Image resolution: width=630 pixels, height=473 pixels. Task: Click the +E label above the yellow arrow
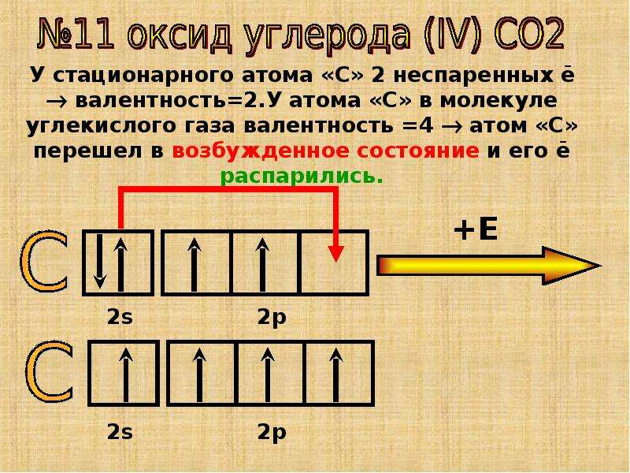coord(476,230)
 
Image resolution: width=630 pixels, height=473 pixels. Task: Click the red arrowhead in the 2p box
coord(336,253)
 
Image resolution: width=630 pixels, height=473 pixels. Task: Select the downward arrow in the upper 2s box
coord(99,262)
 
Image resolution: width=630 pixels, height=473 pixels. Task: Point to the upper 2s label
coord(120,317)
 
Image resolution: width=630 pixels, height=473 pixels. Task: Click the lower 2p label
coord(272,433)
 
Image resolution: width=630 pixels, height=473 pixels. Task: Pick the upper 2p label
coord(272,318)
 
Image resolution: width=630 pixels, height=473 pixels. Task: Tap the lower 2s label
coord(120,432)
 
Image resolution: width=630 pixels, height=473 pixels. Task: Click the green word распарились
coord(302,177)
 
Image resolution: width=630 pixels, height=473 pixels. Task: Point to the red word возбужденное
coord(261,151)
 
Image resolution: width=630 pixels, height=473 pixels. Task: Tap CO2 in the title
coord(529,35)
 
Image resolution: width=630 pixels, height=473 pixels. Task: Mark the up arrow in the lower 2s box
coord(127,375)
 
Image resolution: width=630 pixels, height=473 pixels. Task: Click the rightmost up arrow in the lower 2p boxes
coord(336,375)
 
